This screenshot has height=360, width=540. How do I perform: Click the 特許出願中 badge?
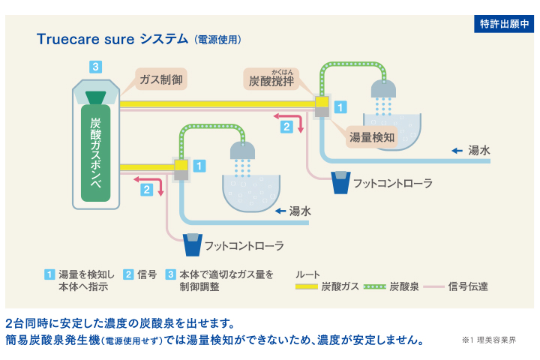(x=504, y=24)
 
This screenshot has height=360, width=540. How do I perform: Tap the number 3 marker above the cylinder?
(x=94, y=67)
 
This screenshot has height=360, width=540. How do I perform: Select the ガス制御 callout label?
(x=160, y=79)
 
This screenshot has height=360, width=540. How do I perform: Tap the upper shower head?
(x=386, y=88)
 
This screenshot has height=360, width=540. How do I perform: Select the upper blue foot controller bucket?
(x=341, y=182)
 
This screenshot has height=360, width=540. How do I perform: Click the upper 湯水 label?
(x=478, y=151)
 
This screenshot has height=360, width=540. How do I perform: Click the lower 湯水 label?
(x=300, y=211)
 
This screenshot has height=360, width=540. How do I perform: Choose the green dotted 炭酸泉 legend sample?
(x=375, y=286)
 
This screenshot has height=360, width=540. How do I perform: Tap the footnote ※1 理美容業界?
(x=490, y=340)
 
